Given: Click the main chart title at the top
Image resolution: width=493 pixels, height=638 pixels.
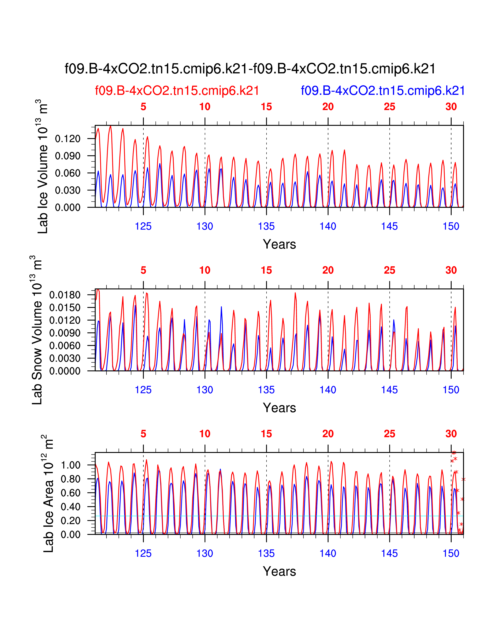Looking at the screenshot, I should [250, 69].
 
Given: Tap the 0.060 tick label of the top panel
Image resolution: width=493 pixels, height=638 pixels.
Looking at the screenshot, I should [67, 173].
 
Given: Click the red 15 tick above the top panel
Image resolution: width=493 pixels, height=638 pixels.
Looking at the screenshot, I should [266, 107].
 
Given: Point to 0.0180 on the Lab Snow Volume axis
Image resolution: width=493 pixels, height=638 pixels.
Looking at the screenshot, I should [65, 295].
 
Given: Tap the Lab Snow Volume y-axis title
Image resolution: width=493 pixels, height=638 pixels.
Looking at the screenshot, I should [37, 330].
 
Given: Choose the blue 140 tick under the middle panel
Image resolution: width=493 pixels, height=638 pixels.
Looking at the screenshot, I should [328, 390].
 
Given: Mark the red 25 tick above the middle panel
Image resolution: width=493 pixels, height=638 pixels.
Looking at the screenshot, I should [389, 270].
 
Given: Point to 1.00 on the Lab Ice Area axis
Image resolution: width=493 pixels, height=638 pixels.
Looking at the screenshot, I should [70, 465].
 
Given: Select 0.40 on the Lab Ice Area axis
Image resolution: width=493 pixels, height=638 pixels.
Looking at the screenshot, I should [70, 507].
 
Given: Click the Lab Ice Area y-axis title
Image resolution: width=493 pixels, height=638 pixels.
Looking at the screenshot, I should [48, 494].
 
